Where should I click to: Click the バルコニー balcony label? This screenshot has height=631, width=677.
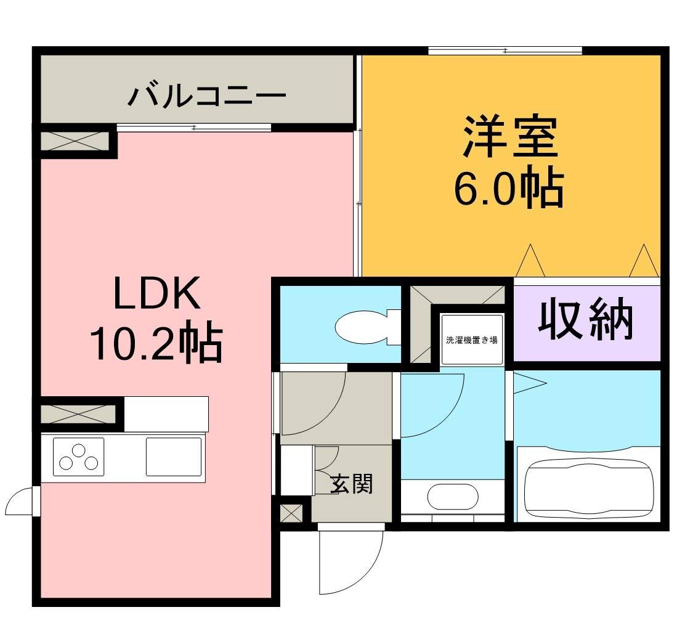pyautogui.click(x=207, y=96)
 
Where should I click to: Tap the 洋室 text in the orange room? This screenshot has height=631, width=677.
pyautogui.click(x=510, y=136)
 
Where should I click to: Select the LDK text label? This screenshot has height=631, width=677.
pyautogui.click(x=156, y=293)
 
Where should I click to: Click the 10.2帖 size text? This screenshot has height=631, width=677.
pyautogui.click(x=156, y=341)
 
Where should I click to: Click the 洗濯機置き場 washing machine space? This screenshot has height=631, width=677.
pyautogui.click(x=472, y=340)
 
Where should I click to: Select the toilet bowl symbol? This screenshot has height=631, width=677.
pyautogui.click(x=368, y=327)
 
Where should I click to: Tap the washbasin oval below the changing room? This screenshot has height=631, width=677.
pyautogui.click(x=453, y=497)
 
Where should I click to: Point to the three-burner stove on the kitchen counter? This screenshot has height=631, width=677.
pyautogui.click(x=79, y=457)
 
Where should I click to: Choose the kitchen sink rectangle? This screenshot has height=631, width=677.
pyautogui.click(x=174, y=457)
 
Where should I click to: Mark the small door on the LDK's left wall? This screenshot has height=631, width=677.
pyautogui.click(x=22, y=501)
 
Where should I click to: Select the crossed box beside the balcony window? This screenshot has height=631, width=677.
pyautogui.click(x=75, y=141)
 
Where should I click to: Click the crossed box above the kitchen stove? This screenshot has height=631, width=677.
pyautogui.click(x=78, y=413)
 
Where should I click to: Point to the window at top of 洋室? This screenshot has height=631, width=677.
pyautogui.click(x=505, y=51)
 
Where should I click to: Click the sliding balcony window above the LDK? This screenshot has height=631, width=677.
pyautogui.click(x=194, y=128)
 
